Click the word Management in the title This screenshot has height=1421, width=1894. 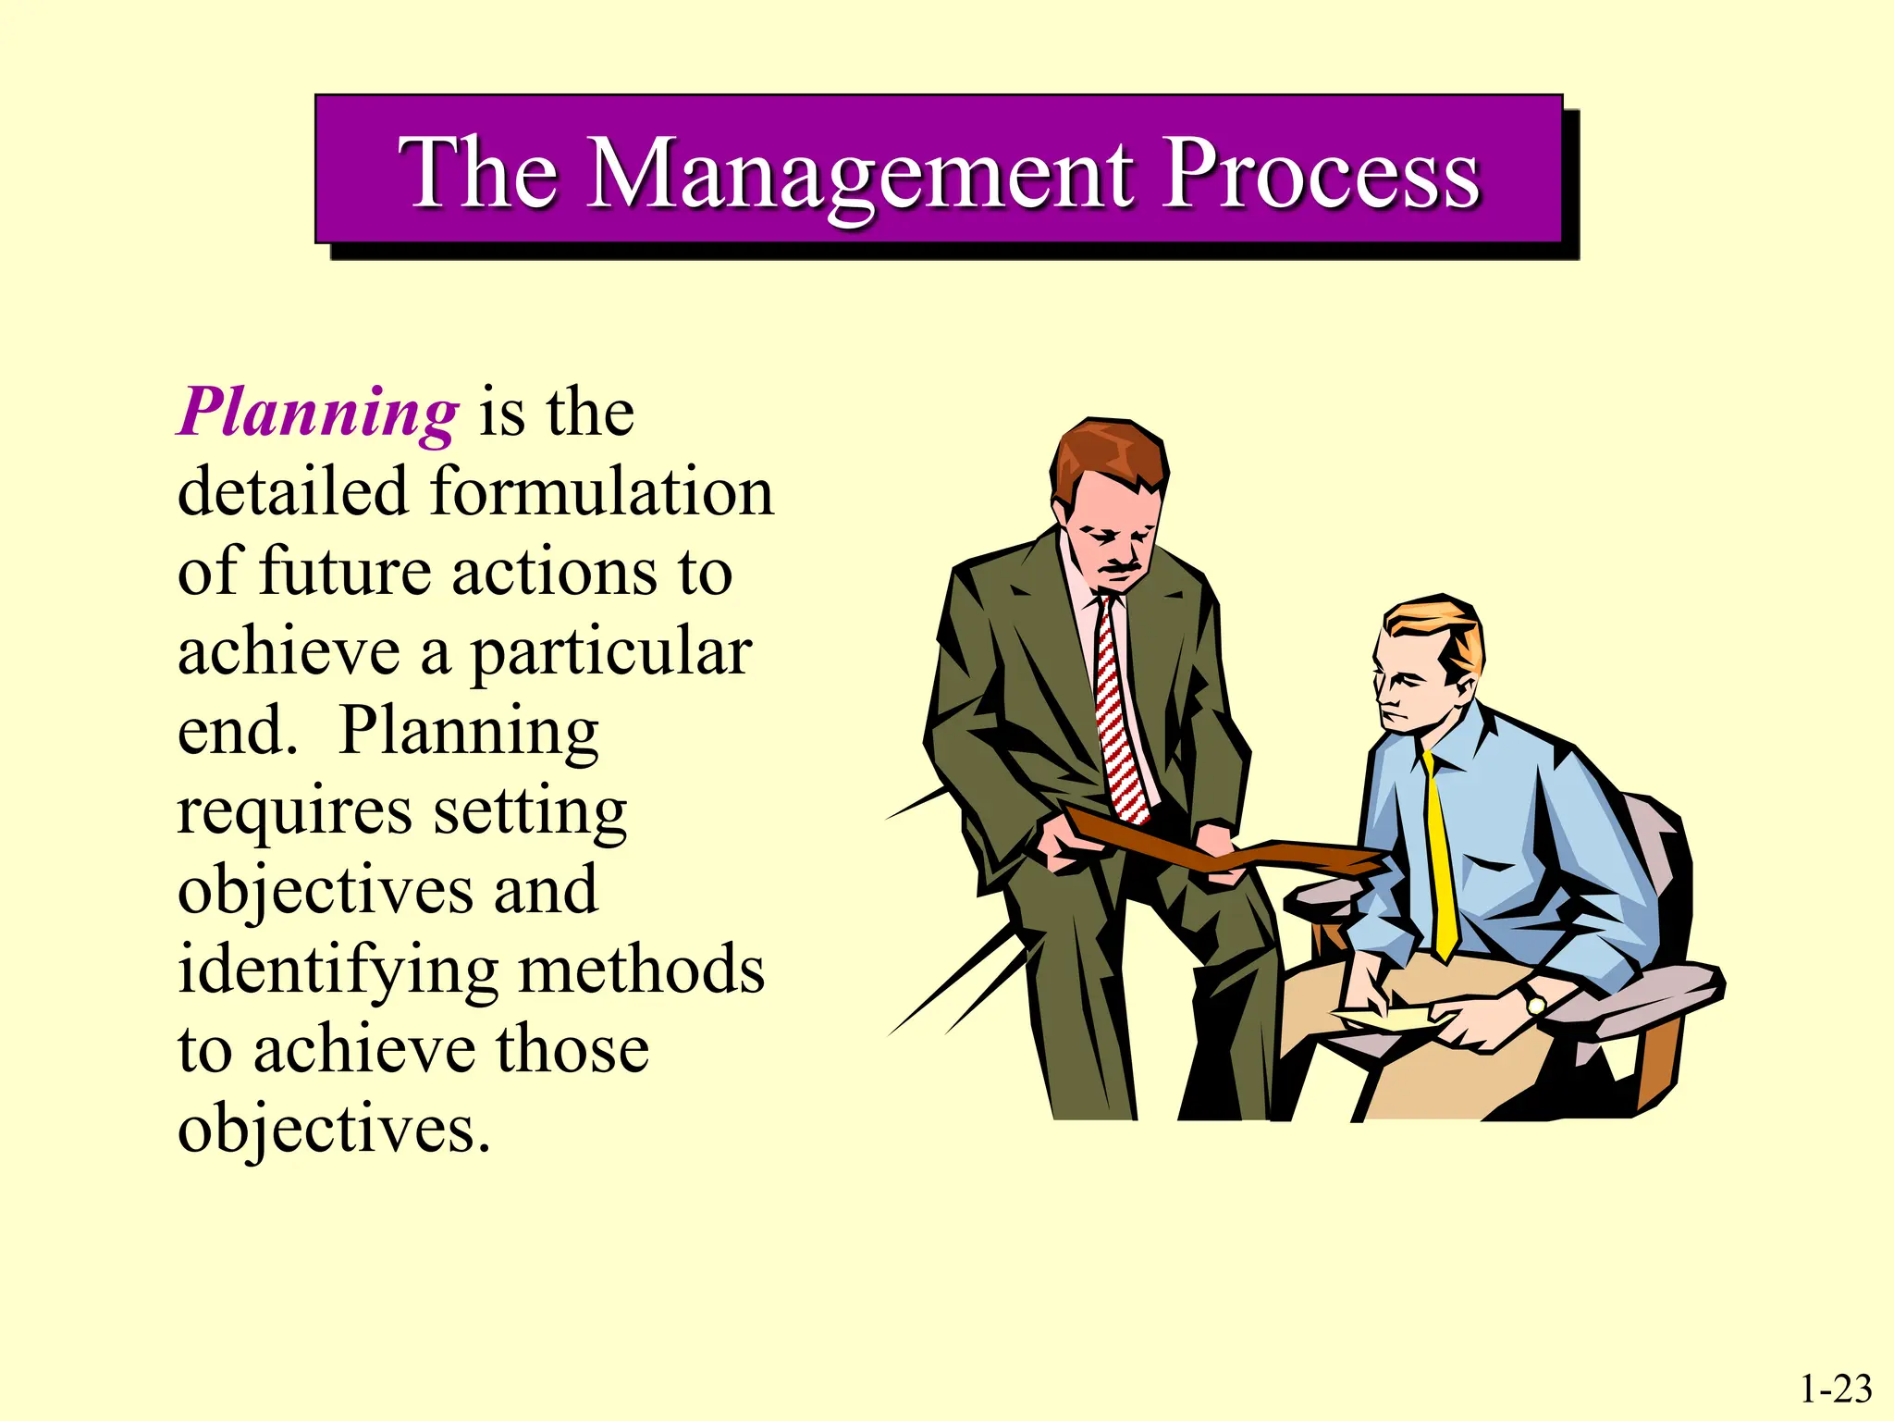[x=860, y=174]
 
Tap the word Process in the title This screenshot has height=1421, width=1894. [x=1322, y=174]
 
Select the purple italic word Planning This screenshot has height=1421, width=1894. [x=317, y=413]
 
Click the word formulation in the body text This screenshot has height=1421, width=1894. [x=602, y=491]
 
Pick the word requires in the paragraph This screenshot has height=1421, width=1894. [x=294, y=812]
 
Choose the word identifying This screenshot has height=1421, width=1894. [x=338, y=971]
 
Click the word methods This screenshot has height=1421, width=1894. [x=641, y=970]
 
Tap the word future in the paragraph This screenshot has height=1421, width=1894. [x=346, y=572]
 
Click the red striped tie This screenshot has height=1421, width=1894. [x=1120, y=712]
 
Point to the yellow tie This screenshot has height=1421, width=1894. [x=1439, y=860]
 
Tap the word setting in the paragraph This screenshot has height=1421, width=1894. [x=530, y=812]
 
